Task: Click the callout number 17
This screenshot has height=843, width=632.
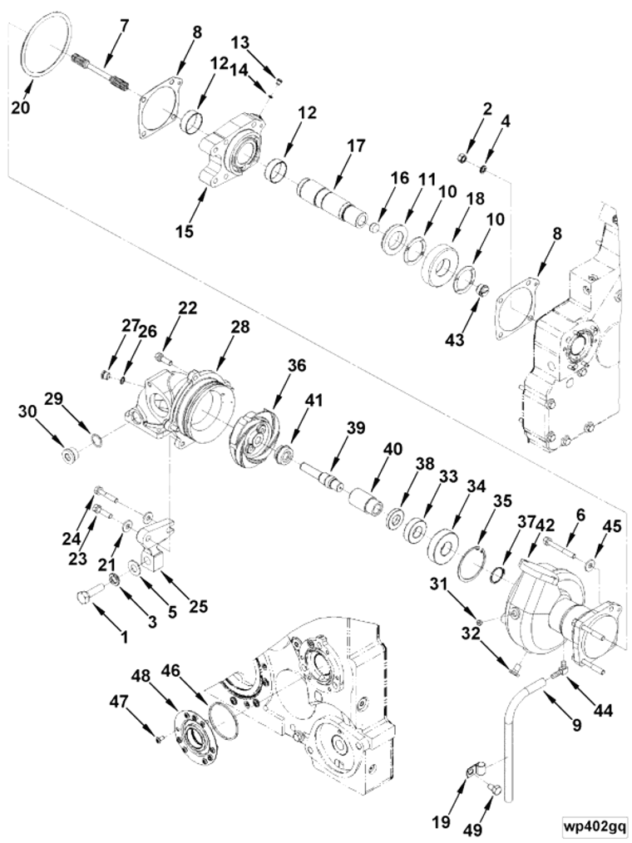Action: click(355, 146)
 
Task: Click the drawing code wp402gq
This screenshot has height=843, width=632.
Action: click(592, 825)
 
